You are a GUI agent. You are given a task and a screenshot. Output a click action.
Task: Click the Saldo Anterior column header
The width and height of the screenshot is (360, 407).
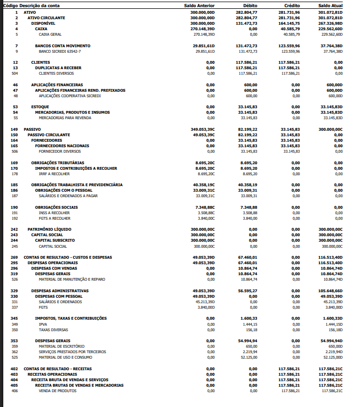pos(199,5)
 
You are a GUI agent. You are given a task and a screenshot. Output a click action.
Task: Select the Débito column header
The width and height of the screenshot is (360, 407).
pos(250,5)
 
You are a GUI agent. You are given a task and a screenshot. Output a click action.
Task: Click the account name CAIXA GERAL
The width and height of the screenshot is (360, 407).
pos(50,34)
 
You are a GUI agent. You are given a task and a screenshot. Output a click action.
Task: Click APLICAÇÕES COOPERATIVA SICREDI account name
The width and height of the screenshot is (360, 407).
pos(70,96)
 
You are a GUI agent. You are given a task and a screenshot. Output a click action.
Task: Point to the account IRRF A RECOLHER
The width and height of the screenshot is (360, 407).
pos(54,174)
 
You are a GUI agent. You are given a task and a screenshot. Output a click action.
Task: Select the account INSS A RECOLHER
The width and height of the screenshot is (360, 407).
pos(54,213)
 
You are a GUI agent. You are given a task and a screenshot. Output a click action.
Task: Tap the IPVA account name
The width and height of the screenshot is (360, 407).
pos(43,324)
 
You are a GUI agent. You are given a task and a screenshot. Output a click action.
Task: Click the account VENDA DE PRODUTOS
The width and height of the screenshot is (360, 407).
pos(57,391)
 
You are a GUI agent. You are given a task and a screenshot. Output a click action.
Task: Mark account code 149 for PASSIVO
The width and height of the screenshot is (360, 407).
pos(14,129)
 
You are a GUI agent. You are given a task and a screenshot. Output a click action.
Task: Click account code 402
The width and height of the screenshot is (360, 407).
pos(14,369)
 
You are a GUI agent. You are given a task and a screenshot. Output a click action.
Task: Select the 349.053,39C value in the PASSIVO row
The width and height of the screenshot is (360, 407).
pos(203,129)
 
